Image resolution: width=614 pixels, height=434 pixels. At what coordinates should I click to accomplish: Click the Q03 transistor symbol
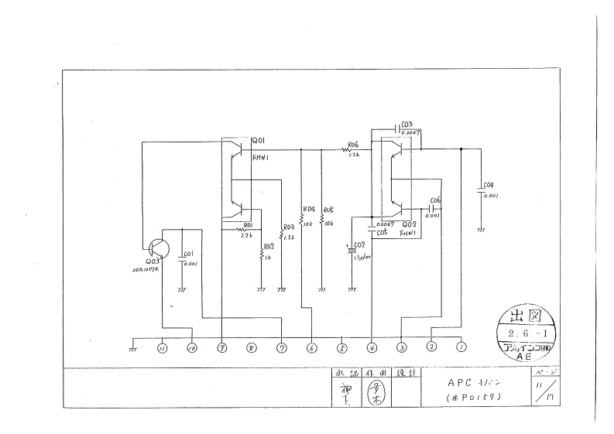(x=159, y=248)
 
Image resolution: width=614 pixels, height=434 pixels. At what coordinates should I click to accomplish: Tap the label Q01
(x=259, y=140)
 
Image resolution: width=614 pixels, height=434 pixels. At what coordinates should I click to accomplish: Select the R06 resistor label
(x=354, y=145)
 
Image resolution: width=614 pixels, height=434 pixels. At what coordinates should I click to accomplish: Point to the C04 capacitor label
(x=488, y=186)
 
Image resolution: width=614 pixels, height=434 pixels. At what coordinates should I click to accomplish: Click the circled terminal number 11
(x=163, y=348)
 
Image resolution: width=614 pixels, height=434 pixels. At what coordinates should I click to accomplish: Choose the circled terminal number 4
(x=372, y=348)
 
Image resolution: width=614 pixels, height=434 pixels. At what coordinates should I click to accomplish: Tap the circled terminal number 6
(x=311, y=348)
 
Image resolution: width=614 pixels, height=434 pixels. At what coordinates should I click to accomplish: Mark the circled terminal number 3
(x=402, y=348)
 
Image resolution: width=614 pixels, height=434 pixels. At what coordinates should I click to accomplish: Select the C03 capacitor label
(x=407, y=125)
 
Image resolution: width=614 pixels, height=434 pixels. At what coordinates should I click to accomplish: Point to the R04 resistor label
(x=308, y=209)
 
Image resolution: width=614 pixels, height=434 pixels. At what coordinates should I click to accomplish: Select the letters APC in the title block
(x=458, y=381)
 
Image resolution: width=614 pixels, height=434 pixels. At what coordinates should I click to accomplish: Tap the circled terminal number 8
(x=251, y=348)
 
